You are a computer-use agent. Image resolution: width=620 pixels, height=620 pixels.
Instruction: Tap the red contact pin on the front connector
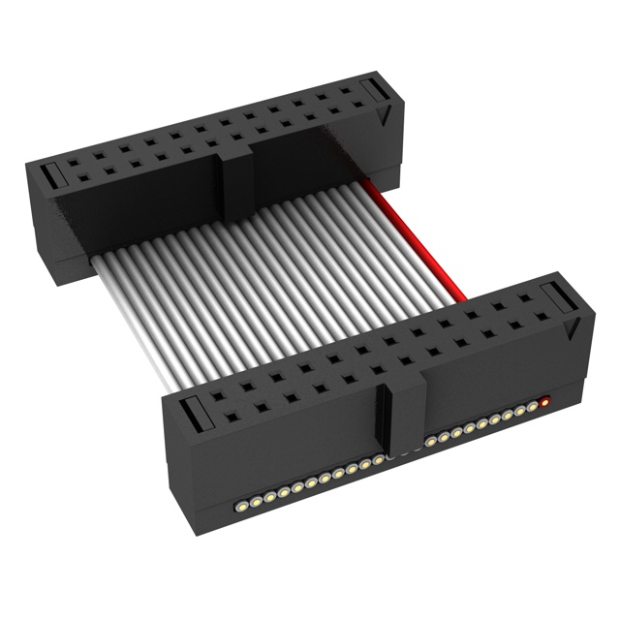point(544,400)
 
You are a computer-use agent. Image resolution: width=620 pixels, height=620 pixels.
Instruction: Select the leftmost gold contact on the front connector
point(239,506)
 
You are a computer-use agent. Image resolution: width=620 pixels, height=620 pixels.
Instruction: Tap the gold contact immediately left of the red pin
point(532,406)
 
